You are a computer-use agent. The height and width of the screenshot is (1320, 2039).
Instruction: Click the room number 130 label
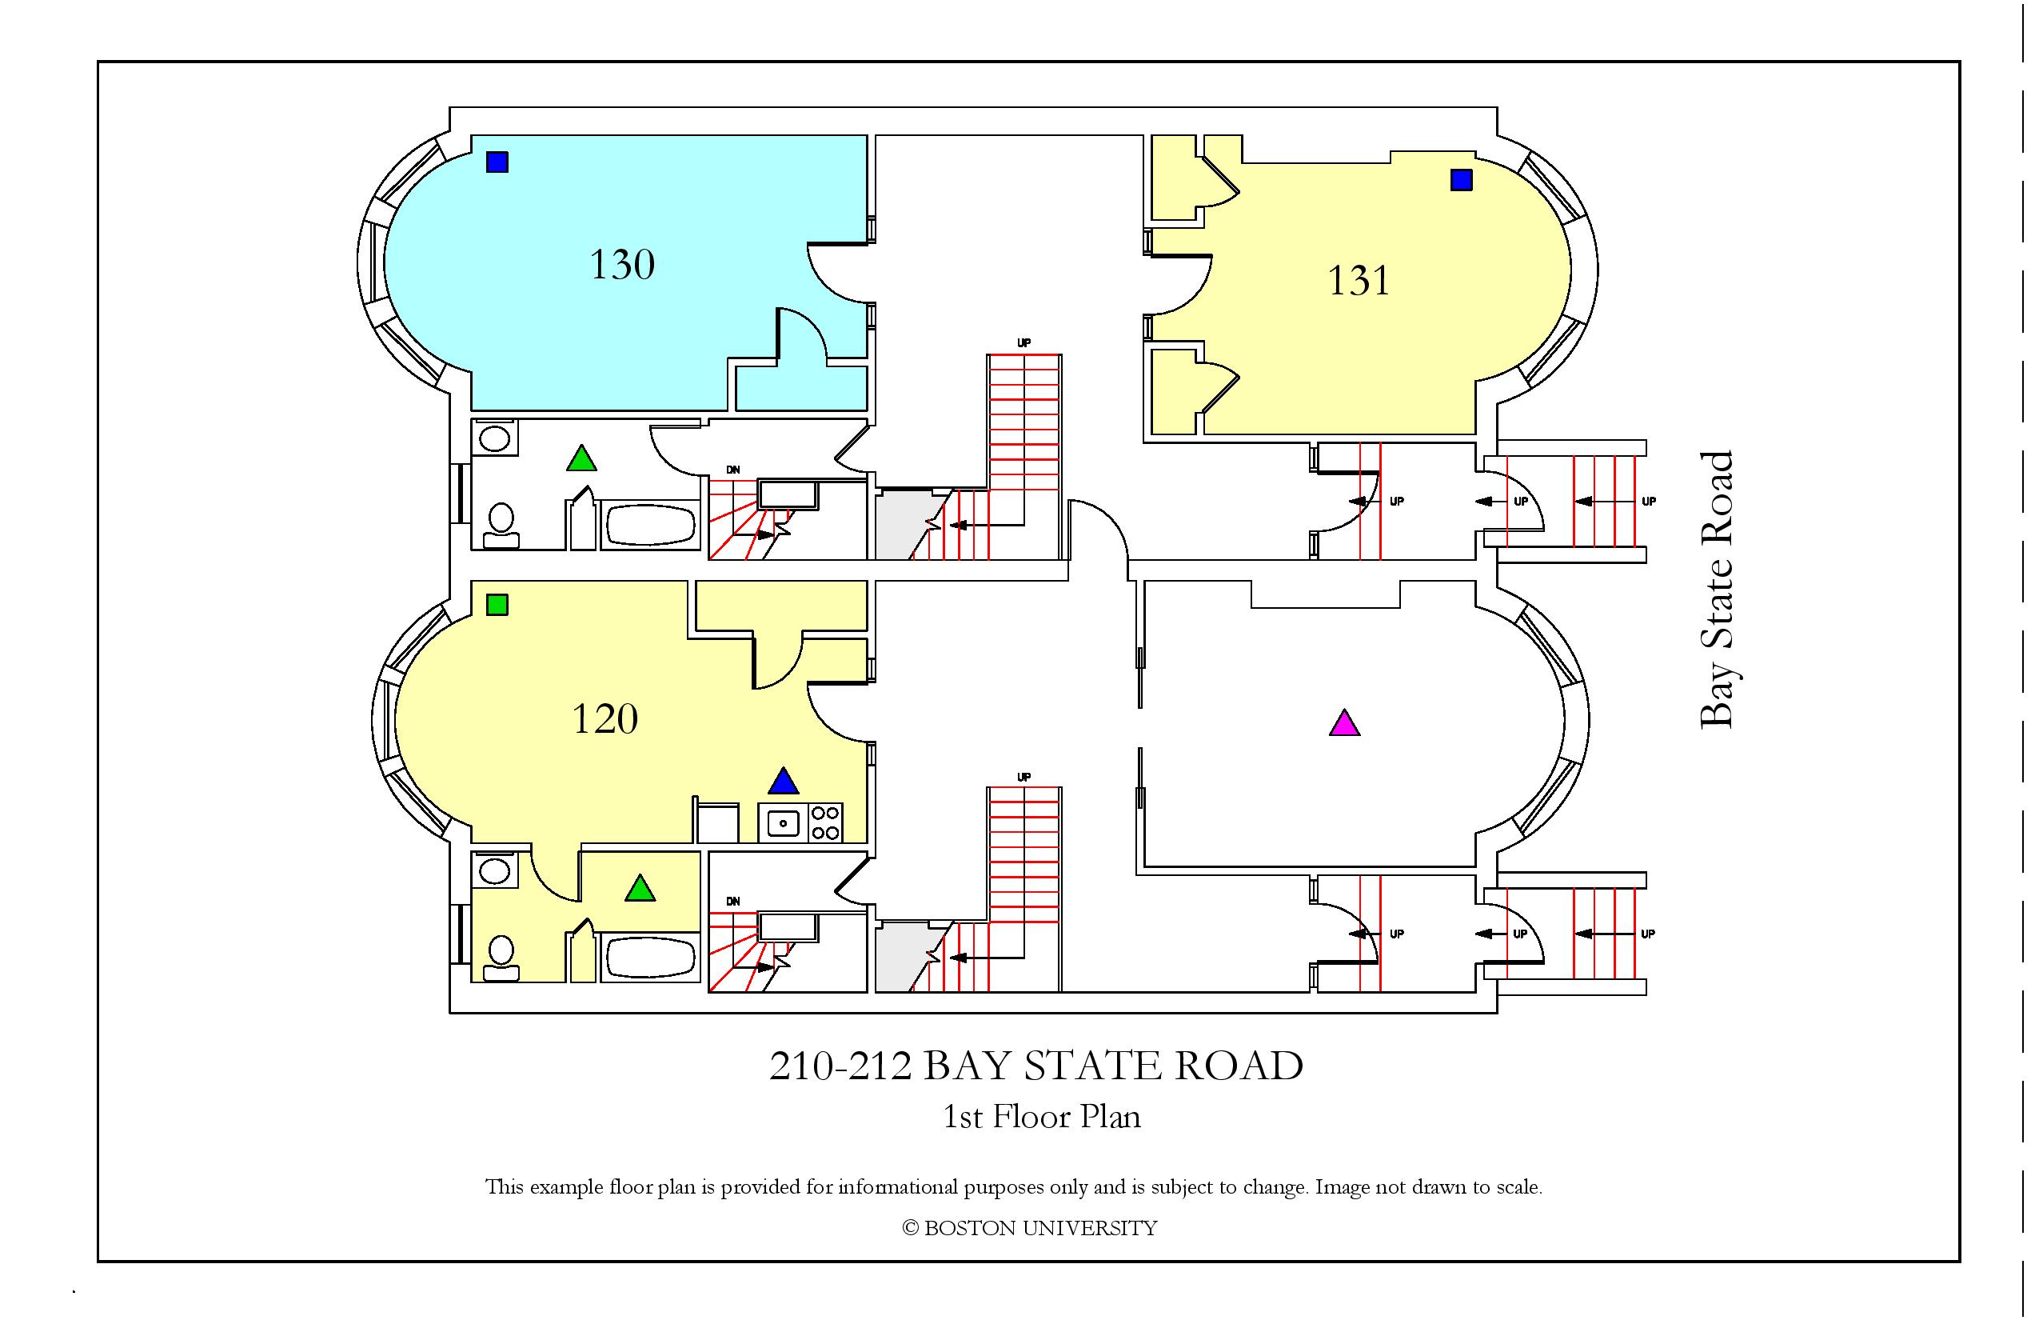click(x=622, y=264)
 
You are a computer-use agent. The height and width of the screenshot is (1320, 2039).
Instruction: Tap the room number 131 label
click(x=1358, y=280)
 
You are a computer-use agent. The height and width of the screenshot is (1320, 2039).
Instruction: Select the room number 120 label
click(x=605, y=718)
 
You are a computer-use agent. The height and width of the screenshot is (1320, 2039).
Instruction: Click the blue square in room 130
click(x=497, y=162)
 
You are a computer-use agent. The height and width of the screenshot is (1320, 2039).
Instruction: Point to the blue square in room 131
click(x=1461, y=180)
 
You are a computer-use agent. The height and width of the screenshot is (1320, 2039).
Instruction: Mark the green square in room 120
click(x=497, y=605)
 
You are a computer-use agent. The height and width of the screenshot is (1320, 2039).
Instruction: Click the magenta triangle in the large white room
click(x=1344, y=723)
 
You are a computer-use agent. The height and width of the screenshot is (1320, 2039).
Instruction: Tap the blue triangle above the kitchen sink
click(x=783, y=781)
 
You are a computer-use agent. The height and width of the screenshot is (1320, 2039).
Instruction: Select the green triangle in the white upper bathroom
click(x=582, y=458)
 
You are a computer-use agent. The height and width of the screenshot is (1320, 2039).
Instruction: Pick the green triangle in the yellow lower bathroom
click(x=640, y=888)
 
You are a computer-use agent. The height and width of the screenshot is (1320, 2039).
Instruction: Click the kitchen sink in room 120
click(x=783, y=823)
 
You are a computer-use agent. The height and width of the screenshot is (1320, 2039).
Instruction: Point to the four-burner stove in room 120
click(x=825, y=823)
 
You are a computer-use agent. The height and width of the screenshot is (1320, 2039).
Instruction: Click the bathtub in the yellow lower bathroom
click(x=651, y=958)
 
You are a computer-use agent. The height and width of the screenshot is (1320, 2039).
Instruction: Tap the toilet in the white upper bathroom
click(x=501, y=524)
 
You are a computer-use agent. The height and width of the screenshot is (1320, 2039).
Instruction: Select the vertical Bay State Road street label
click(x=1716, y=590)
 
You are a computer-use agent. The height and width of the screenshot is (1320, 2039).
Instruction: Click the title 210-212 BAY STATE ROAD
click(x=1035, y=1066)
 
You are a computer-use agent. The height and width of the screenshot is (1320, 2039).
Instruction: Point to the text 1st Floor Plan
click(x=1042, y=1117)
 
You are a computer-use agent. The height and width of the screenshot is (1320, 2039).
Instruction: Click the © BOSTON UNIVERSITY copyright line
click(x=1030, y=1228)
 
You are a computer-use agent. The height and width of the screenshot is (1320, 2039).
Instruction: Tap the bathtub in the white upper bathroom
click(x=651, y=525)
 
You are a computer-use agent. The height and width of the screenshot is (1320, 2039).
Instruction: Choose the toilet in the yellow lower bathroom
click(x=501, y=958)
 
